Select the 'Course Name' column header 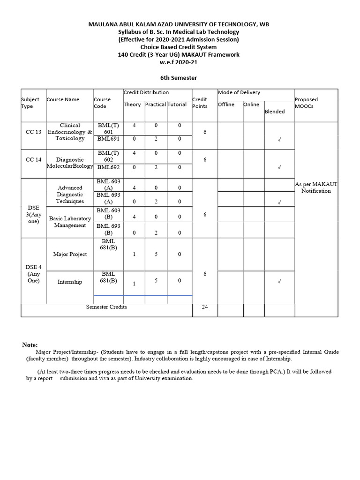pos(63,99)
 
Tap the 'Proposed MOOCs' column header pos(306,103)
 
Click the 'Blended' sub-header pos(275,112)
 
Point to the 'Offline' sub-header pos(226,105)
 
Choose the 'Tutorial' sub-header pos(177,105)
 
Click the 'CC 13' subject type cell pos(33,132)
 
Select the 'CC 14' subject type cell pos(33,160)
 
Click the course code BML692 pos(108,167)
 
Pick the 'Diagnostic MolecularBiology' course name pos(70,163)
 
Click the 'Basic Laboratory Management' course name pos(70,222)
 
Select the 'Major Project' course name pos(70,254)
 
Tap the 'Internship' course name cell pos(70,282)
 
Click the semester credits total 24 pos(205,307)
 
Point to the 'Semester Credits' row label pos(106,307)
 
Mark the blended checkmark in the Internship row pos(279,282)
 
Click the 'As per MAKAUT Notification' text pos(316,187)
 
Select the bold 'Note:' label pos(30,345)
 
